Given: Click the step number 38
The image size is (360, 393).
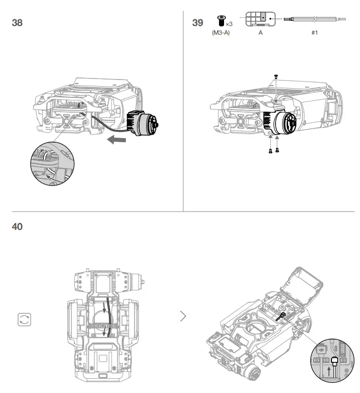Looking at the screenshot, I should [17, 23].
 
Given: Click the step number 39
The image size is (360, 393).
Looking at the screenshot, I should [198, 23].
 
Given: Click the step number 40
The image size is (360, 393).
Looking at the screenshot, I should [17, 226].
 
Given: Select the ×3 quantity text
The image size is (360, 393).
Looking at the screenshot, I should [229, 23].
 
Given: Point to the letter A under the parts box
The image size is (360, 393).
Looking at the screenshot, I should [260, 32].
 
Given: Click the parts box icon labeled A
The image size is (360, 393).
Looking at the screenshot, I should [260, 18].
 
